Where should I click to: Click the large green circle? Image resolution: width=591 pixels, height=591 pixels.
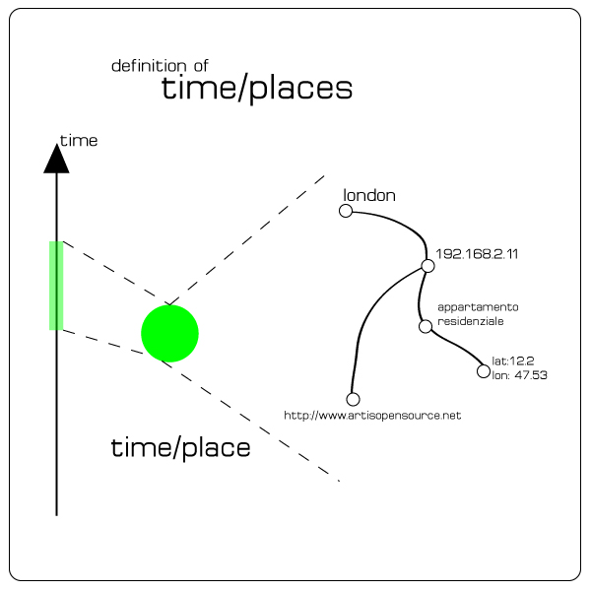pos(170,333)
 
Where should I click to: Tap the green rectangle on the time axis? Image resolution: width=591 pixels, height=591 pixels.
pos(56,286)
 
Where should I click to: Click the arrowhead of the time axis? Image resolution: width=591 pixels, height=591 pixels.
pos(57,159)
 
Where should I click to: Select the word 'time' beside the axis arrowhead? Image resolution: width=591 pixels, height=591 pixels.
pos(79,141)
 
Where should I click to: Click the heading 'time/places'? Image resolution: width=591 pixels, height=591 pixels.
pos(256,89)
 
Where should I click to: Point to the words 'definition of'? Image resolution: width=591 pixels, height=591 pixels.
pos(160,66)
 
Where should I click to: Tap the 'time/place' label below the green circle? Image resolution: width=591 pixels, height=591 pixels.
pos(180,448)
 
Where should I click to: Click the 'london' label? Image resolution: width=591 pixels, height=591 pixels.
pos(369,195)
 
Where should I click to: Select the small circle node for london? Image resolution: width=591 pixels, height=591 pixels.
pos(346,211)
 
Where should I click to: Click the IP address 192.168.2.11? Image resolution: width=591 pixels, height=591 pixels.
pos(477,253)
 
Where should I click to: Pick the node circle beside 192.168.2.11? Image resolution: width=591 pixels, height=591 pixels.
pos(427,266)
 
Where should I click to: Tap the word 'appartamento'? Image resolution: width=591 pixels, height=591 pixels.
pos(478,307)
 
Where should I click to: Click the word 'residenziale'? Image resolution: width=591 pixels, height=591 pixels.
pos(471,322)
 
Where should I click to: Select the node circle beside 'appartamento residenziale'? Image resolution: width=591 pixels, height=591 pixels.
pos(426,326)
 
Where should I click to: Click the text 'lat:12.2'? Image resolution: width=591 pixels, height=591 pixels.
pos(512,361)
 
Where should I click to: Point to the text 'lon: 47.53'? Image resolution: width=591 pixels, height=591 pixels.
pos(519,375)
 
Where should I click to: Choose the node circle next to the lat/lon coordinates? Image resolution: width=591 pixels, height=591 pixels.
pos(483,371)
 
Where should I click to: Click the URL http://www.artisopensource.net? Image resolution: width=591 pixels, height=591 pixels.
pos(372,416)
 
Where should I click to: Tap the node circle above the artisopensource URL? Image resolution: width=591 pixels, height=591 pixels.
pos(354,399)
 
